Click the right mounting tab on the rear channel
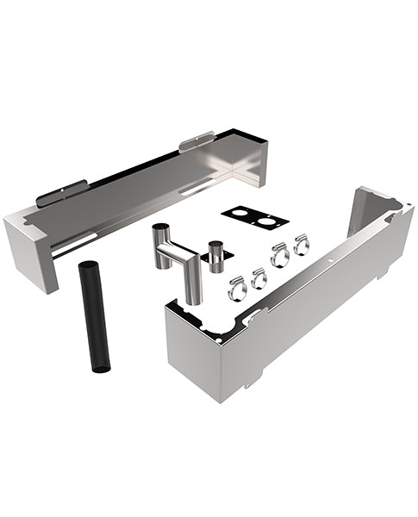tap(197, 140)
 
